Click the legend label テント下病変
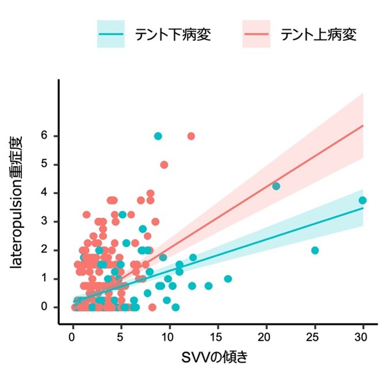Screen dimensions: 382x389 [x=169, y=35]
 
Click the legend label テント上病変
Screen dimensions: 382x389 [x=318, y=35]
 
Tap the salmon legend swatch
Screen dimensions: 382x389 [x=256, y=35]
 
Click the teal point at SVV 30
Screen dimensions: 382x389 [x=362, y=200]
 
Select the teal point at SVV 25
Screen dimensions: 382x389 [x=315, y=250]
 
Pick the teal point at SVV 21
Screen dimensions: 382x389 [x=276, y=186]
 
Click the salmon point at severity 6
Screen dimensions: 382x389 [x=191, y=136]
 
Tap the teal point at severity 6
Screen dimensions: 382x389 [x=158, y=136]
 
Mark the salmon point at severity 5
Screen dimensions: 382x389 [x=164, y=164]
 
